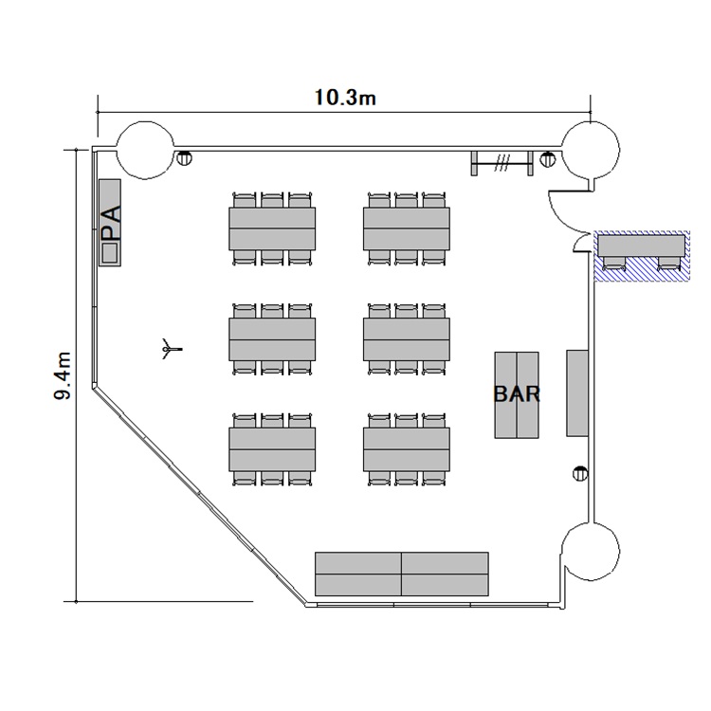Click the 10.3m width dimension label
[x=345, y=98]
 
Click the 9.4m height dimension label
[x=63, y=375]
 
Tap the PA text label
[x=111, y=223]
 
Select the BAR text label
[x=517, y=394]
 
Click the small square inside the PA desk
[x=110, y=252]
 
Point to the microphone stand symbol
[x=172, y=349]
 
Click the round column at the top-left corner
[x=146, y=149]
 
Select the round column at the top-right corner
[x=591, y=150]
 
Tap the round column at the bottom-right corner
[x=591, y=551]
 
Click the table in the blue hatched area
[x=642, y=246]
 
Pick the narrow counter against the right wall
[x=577, y=393]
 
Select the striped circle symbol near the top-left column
[x=184, y=158]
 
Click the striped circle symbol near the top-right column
[x=548, y=158]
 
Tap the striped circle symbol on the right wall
[x=580, y=474]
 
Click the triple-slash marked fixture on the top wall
[x=501, y=163]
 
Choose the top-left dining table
[x=272, y=228]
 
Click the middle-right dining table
[x=407, y=339]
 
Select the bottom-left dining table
[x=272, y=449]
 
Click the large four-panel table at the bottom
[x=402, y=574]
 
